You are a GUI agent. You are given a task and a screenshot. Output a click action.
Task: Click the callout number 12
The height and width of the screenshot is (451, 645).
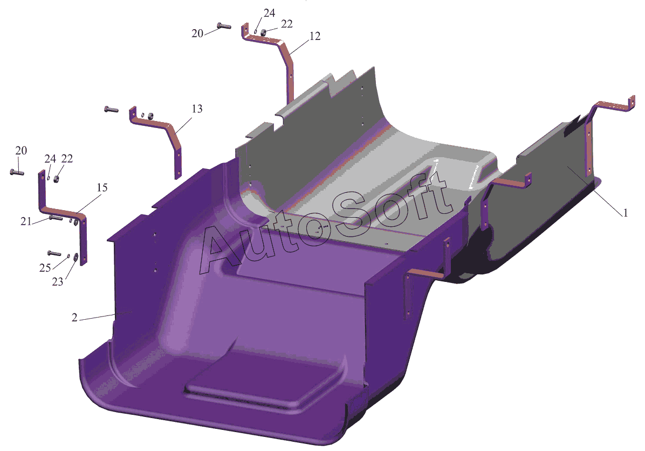coord(315,36)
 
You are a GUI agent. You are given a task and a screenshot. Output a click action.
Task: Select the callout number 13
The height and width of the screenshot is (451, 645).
coord(197,109)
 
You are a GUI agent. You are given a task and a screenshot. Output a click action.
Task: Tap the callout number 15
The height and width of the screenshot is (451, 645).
coord(102,188)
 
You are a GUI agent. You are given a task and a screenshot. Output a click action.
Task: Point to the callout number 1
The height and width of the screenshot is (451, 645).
coord(625,213)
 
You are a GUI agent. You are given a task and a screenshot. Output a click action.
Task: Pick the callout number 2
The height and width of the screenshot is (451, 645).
coord(74,318)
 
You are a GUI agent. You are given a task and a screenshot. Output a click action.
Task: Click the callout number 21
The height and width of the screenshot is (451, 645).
coord(26,221)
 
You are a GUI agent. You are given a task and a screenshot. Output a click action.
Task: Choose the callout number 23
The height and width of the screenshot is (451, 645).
coord(58,282)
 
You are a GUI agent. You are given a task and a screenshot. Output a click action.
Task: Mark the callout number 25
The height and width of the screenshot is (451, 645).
coord(45,268)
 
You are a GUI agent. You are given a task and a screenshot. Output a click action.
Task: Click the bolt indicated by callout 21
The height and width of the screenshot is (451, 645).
coord(56,218)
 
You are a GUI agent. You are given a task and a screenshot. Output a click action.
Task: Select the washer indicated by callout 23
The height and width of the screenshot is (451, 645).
coord(76,258)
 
